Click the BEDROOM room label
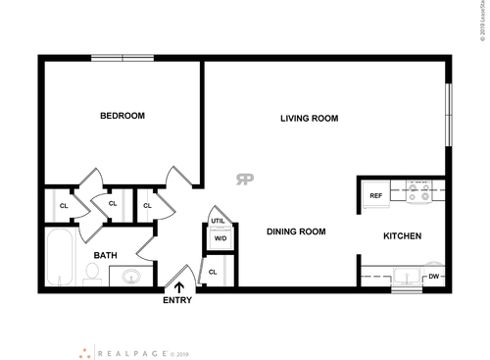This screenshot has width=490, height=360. click(x=122, y=117)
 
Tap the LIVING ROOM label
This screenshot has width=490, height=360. click(x=309, y=119)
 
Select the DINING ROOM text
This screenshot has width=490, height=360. click(x=296, y=232)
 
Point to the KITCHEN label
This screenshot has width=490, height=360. click(x=402, y=236)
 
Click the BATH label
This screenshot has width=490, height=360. click(x=105, y=256)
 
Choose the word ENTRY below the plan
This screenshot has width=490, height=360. click(x=177, y=301)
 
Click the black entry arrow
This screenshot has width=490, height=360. click(x=178, y=285)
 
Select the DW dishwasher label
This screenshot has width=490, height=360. click(x=433, y=278)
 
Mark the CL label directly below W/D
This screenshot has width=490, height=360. click(x=213, y=272)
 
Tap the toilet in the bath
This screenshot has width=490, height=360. click(x=91, y=277)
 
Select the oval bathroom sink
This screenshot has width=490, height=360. click(x=129, y=278)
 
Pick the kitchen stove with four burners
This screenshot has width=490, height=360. click(x=419, y=193)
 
